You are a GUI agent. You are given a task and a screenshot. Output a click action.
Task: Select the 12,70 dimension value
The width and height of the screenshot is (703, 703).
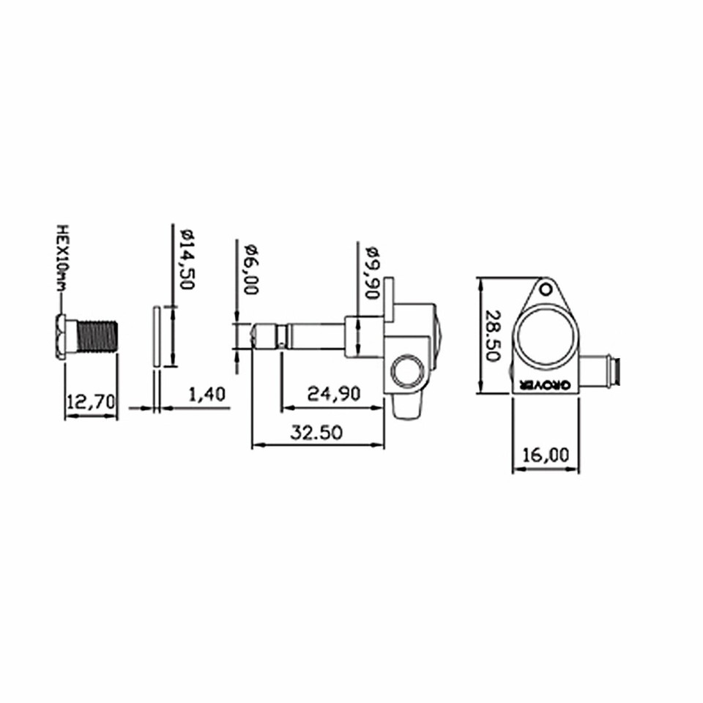click(x=91, y=402)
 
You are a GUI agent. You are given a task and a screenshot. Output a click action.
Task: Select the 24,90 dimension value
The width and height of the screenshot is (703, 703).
click(x=334, y=394)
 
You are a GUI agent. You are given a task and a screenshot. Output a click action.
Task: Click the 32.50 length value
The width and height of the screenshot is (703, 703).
click(x=316, y=432)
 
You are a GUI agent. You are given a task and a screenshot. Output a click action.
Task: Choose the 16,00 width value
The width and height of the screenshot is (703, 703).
click(x=546, y=454)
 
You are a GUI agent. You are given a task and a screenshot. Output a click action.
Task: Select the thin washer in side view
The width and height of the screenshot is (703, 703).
click(x=156, y=336)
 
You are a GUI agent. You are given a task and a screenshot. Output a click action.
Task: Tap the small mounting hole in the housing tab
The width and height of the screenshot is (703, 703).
click(x=546, y=289)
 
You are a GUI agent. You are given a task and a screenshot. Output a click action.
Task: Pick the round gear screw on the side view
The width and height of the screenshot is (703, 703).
click(x=407, y=372)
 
